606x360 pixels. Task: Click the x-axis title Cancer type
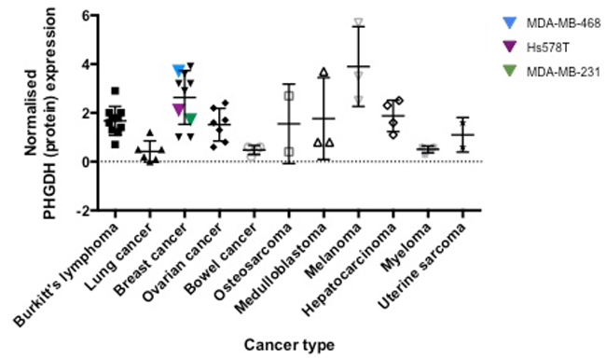pos(288,345)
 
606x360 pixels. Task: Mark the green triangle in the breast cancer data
pos(190,118)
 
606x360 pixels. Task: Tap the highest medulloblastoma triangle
pos(324,73)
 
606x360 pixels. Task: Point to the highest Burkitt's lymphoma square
pos(115,90)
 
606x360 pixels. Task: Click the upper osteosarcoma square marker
pos(289,95)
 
